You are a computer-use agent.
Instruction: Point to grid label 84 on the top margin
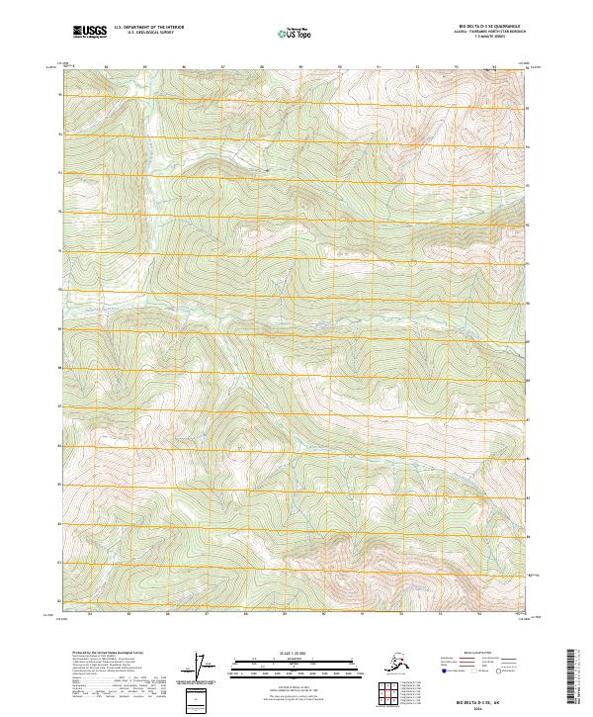(x=106, y=66)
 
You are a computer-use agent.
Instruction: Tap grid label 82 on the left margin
(x=60, y=600)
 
